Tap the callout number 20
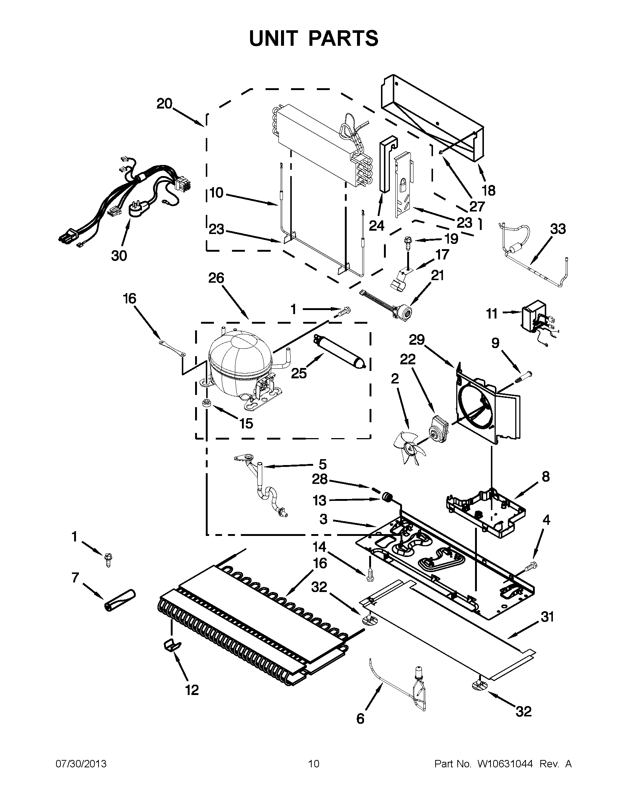pyautogui.click(x=164, y=104)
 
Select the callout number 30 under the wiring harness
pyautogui.click(x=119, y=255)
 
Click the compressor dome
pyautogui.click(x=236, y=357)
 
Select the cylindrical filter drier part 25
pyautogui.click(x=340, y=351)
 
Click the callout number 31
pyautogui.click(x=547, y=617)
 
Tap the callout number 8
pyautogui.click(x=545, y=476)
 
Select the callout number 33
pyautogui.click(x=558, y=229)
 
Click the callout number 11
pyautogui.click(x=492, y=314)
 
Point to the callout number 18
pyautogui.click(x=488, y=190)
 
